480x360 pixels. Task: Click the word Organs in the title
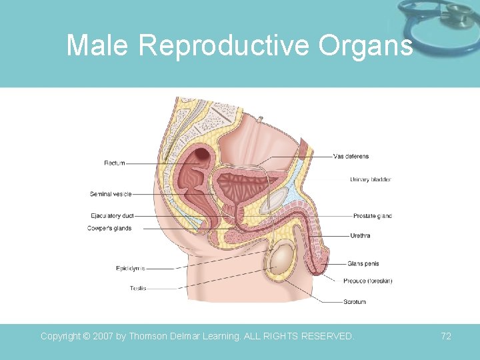(365, 46)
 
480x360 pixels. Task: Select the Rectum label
(114, 163)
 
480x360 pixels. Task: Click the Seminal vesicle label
(111, 194)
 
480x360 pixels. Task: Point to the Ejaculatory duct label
(112, 216)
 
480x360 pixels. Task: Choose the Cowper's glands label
(109, 228)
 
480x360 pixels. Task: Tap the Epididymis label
(131, 269)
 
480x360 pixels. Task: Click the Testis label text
(138, 288)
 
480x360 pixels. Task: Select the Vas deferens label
(351, 157)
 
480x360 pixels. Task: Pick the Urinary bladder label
(370, 179)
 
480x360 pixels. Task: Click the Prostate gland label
(372, 216)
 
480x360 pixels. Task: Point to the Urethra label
(360, 235)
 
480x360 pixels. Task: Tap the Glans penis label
(363, 264)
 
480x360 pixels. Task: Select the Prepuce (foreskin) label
(368, 281)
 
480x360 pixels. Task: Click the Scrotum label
(354, 302)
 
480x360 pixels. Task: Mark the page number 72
(446, 336)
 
